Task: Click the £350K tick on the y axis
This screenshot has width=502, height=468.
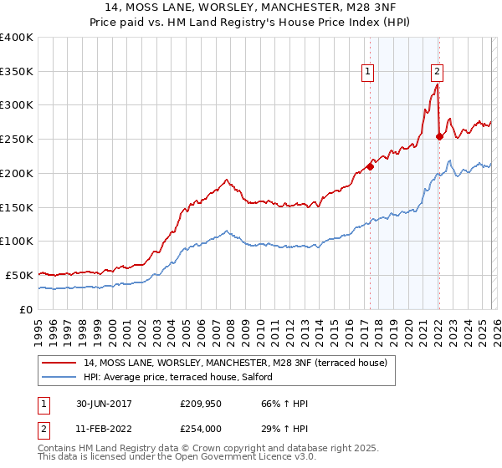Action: click(17, 72)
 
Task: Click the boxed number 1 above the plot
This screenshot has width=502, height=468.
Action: click(368, 73)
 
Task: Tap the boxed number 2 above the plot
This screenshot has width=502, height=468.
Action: click(438, 73)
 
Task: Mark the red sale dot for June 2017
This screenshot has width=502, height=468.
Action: click(370, 166)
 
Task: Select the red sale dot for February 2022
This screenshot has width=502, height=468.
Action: click(439, 136)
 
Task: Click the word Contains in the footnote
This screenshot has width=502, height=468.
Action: click(57, 449)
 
